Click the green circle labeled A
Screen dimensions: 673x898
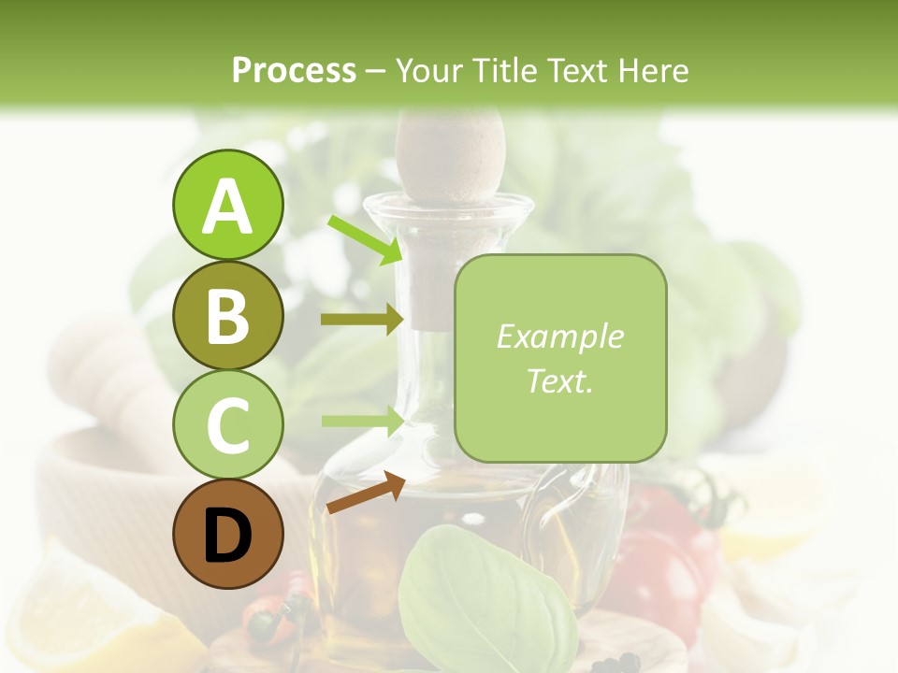coord(227,206)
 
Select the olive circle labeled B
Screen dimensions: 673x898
coord(227,315)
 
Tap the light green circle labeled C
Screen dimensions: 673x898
coord(227,424)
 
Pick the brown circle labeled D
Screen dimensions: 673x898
coord(227,534)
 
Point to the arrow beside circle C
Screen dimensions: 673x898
coord(363,421)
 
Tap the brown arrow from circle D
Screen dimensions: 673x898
coord(366,493)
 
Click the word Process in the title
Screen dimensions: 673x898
coord(294,71)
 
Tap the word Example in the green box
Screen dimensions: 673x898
coord(559,336)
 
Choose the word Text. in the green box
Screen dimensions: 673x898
coord(559,380)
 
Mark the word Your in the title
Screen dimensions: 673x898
coord(431,71)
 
